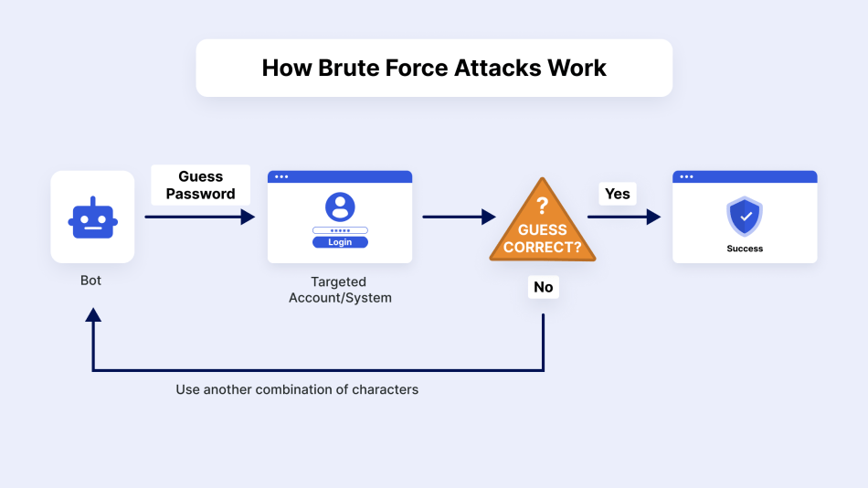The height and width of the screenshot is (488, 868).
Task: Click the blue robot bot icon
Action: (x=92, y=217)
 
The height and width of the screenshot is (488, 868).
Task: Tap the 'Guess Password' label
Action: (x=200, y=186)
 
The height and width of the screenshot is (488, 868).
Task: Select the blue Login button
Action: (x=340, y=242)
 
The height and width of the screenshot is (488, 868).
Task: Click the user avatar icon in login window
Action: (x=340, y=207)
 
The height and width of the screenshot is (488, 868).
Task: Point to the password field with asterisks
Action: (x=340, y=230)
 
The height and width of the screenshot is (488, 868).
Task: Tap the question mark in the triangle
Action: (x=542, y=206)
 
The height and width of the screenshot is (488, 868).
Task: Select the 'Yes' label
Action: (x=618, y=194)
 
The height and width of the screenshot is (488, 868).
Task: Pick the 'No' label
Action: (x=544, y=287)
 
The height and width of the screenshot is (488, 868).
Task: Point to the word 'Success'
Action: (x=745, y=249)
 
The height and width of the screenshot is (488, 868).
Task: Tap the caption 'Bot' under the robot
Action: (x=91, y=281)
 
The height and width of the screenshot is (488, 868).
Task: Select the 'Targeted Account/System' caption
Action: (x=340, y=290)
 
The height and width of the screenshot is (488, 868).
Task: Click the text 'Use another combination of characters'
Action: (x=297, y=389)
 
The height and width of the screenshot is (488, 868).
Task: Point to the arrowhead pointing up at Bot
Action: (x=92, y=315)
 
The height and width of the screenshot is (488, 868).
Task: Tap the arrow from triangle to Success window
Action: (x=623, y=217)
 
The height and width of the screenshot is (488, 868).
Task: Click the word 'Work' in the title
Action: (x=576, y=68)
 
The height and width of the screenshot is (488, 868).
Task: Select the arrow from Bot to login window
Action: (x=199, y=217)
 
